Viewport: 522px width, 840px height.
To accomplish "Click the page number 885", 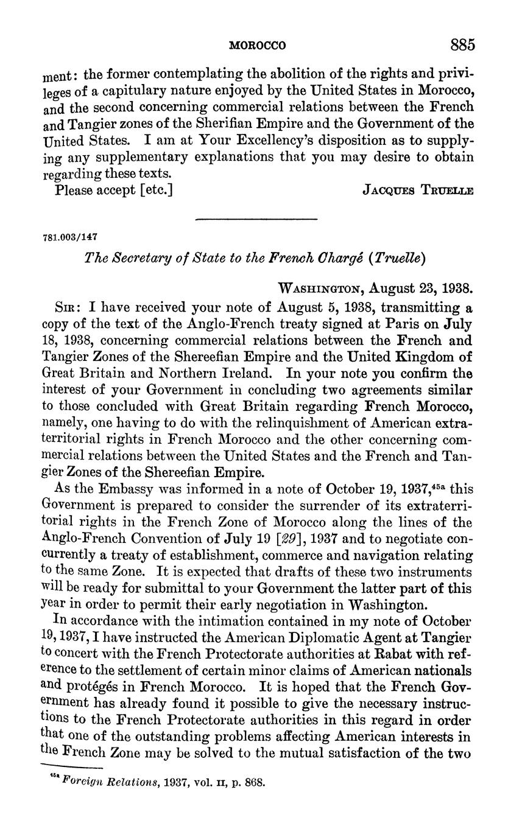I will coord(462,45).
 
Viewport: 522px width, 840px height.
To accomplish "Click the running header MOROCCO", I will coord(258,46).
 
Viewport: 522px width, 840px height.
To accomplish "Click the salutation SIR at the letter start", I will coord(65,307).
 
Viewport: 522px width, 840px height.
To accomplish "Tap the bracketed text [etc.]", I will coord(157,190).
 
